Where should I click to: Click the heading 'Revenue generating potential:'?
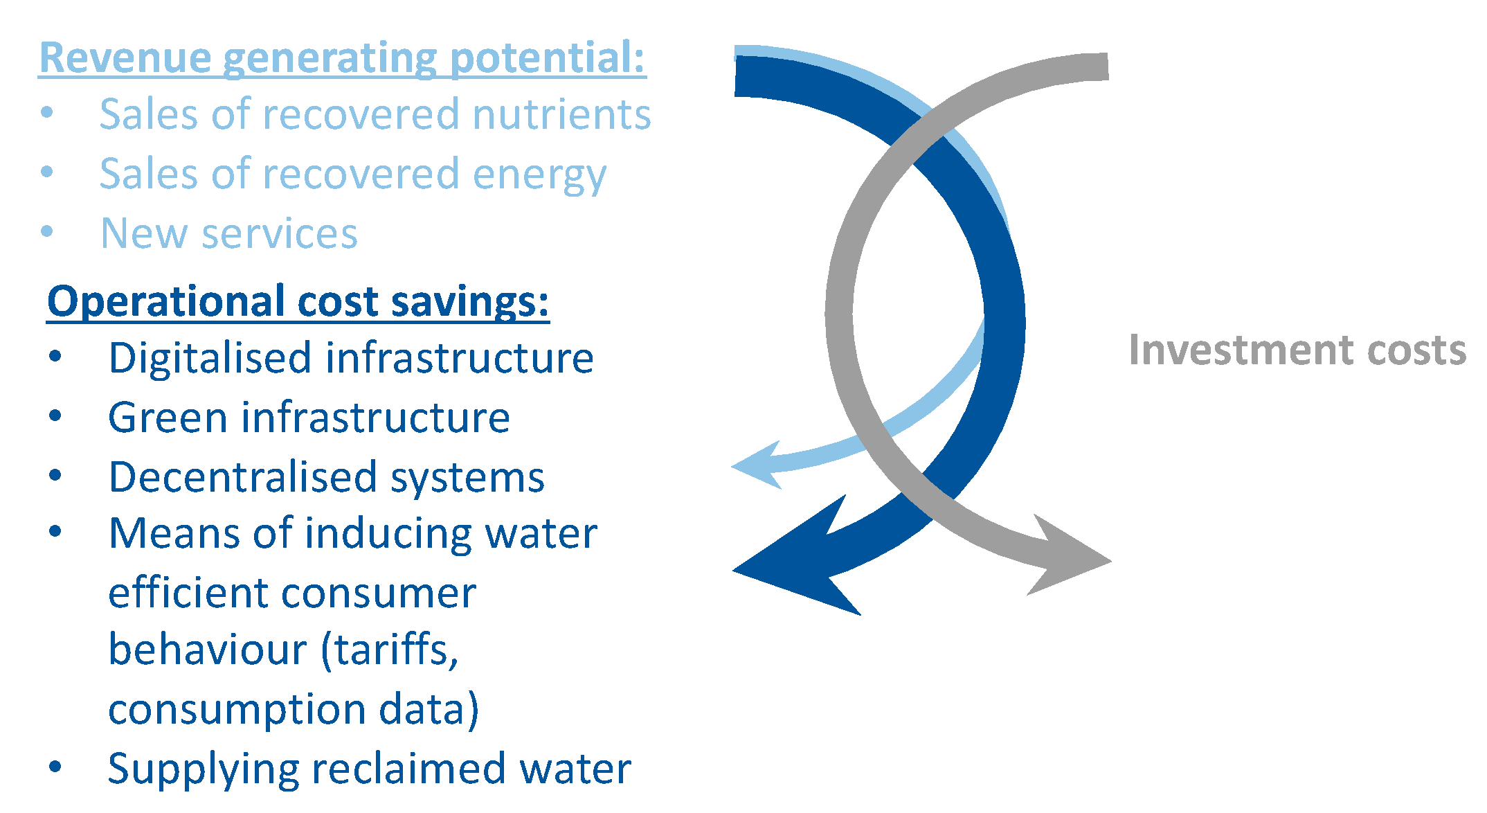(342, 57)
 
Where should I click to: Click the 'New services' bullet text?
(229, 233)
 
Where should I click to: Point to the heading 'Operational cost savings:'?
(298, 303)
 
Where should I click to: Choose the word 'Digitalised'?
(210, 358)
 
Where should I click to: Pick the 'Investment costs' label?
(1297, 350)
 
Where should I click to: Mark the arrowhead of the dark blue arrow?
(796, 560)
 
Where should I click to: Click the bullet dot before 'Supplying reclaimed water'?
(55, 767)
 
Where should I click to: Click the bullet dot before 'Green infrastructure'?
(55, 416)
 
